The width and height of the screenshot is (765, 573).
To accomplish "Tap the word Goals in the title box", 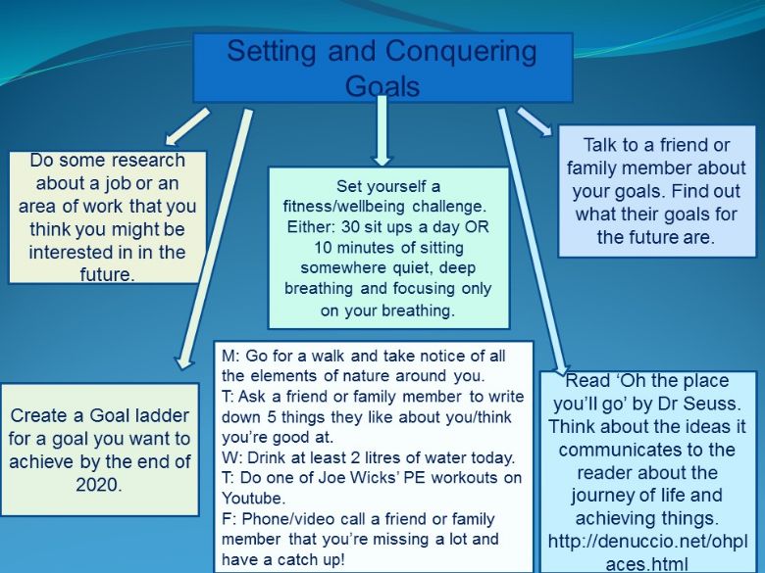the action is tap(382, 86).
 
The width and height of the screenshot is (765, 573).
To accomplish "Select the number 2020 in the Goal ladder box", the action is tap(98, 484).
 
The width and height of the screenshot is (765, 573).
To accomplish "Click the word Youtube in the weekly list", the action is tap(253, 498).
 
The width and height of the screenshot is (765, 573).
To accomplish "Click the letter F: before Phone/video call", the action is tap(229, 518).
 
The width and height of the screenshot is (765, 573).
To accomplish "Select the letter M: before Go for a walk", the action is tap(230, 356).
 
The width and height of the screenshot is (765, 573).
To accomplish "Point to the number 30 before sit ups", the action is tap(350, 227).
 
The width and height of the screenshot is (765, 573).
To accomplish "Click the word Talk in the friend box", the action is tap(601, 145).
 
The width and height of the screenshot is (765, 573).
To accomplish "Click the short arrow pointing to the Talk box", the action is tap(535, 121).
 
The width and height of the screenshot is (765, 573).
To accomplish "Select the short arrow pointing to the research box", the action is tap(187, 126).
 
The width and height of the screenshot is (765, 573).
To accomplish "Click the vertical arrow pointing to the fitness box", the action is tap(382, 130).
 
